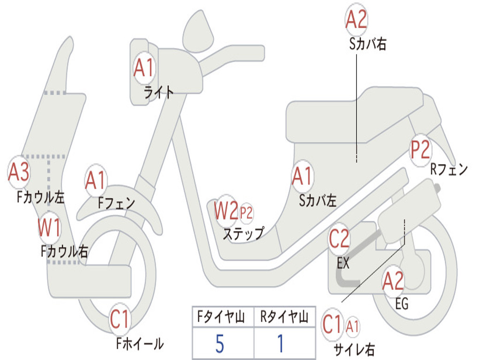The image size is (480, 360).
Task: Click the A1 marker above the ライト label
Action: pyautogui.click(x=143, y=69)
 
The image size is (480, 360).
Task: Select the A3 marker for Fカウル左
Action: pyautogui.click(x=19, y=172)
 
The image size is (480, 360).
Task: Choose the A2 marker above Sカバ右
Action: pyautogui.click(x=356, y=20)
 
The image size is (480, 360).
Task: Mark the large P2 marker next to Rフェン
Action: pyautogui.click(x=420, y=150)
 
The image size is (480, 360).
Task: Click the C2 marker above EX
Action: pyautogui.click(x=339, y=240)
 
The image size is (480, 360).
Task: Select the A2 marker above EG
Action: pyautogui.click(x=393, y=282)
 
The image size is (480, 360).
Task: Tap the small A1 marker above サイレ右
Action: pyautogui.click(x=352, y=324)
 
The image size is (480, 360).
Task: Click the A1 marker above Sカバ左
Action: pyautogui.click(x=302, y=177)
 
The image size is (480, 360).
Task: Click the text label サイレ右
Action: pyautogui.click(x=354, y=349)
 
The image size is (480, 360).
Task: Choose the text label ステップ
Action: pyautogui.click(x=243, y=233)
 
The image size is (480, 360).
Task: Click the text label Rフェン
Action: pyautogui.click(x=449, y=170)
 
